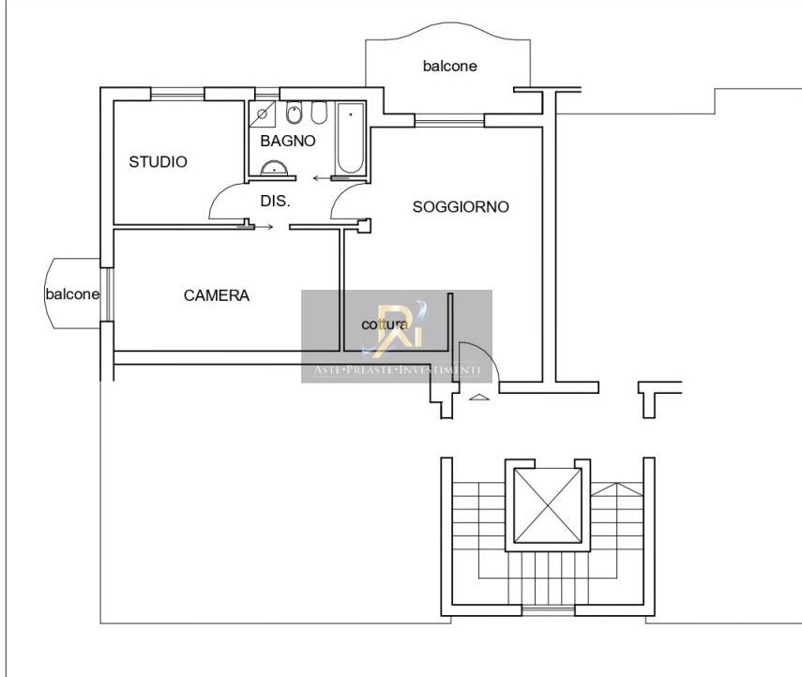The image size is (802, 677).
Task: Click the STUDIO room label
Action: tap(158, 161)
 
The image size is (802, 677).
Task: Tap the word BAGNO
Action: tap(288, 141)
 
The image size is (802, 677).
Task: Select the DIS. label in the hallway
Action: tap(275, 201)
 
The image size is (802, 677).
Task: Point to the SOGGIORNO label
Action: tap(461, 207)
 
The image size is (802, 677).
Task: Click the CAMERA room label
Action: tap(217, 295)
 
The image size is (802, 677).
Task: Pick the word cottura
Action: tap(385, 324)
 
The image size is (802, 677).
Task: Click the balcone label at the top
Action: tap(449, 66)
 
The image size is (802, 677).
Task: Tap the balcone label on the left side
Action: tap(72, 293)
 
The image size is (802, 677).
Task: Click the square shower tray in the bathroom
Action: tap(264, 113)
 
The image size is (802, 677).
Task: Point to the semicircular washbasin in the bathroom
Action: tap(275, 168)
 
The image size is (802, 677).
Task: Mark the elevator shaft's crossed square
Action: tap(545, 505)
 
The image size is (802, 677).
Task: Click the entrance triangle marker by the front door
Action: tap(478, 398)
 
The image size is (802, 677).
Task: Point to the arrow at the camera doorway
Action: tap(264, 226)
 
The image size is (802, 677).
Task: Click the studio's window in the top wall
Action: tap(177, 92)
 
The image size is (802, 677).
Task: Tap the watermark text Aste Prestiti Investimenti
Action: tap(396, 371)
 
